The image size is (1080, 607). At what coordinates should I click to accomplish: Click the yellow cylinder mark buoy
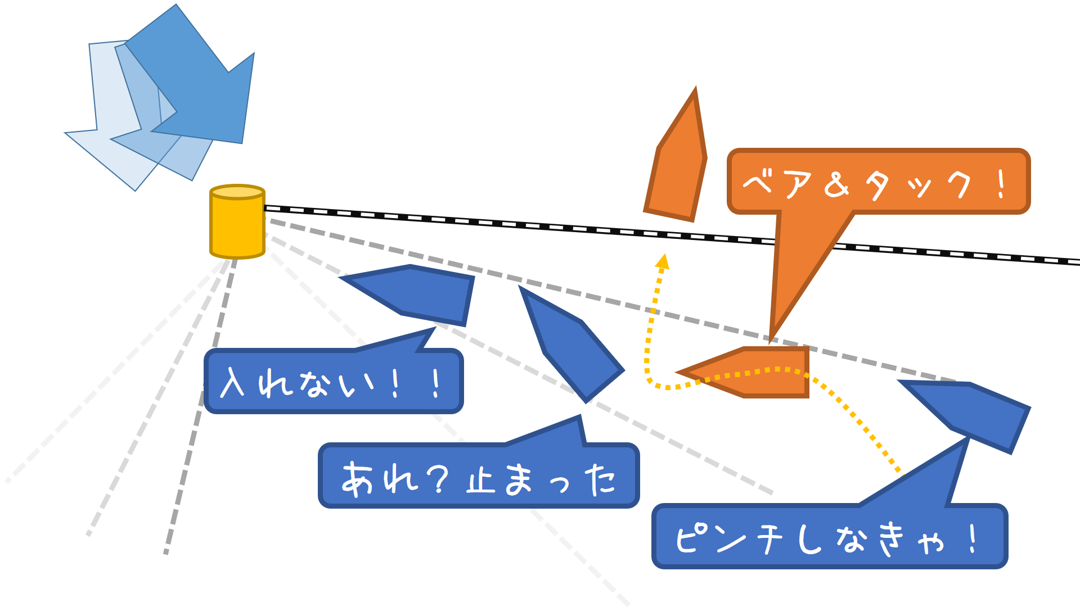tap(237, 225)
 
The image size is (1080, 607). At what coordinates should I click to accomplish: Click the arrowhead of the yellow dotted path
tap(663, 261)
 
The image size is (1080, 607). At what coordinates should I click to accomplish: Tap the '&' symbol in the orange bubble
tap(836, 184)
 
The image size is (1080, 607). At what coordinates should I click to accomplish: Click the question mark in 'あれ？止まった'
tap(437, 479)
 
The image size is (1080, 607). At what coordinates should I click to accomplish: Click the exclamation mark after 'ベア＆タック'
tap(1001, 184)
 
